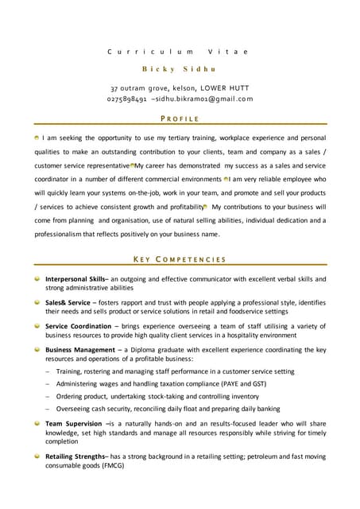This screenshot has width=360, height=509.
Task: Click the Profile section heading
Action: tap(180, 119)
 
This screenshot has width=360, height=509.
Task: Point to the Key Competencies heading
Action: tap(180, 259)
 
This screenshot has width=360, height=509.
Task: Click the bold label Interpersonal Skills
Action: tap(75, 280)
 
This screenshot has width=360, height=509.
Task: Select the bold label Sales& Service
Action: tap(68, 303)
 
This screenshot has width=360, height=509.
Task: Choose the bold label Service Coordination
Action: tap(78, 326)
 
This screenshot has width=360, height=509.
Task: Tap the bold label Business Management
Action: tap(80, 349)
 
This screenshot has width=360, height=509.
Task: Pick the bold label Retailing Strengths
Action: tap(76, 457)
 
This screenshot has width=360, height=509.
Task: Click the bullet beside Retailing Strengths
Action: tap(37, 457)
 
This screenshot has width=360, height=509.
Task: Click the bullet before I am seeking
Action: tap(37, 138)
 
